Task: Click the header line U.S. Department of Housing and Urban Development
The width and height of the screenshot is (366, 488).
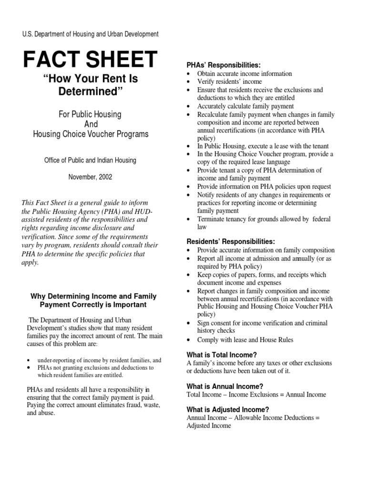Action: [x=91, y=34]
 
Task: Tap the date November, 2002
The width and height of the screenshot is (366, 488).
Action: [x=91, y=176]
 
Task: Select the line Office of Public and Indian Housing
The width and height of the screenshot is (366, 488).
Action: [x=91, y=160]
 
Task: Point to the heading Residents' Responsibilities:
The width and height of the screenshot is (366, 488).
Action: [x=231, y=242]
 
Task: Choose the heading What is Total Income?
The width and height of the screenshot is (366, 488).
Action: [x=222, y=355]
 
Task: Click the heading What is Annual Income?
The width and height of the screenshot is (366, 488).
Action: [x=225, y=386]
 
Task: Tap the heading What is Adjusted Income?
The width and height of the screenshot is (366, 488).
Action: [x=228, y=409]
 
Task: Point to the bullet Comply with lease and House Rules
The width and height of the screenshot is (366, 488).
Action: [x=245, y=340]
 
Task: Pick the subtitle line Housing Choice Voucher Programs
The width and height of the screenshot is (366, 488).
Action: [x=91, y=134]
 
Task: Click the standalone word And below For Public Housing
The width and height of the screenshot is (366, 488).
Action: [x=91, y=124]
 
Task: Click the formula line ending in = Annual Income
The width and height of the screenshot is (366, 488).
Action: [x=256, y=395]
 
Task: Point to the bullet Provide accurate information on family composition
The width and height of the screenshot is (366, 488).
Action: [x=265, y=250]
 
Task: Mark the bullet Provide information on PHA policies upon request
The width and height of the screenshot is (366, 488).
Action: [x=264, y=187]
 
